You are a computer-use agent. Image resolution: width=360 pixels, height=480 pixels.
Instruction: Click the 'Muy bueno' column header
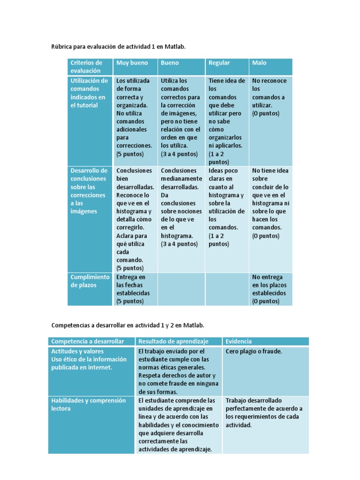coord(132,63)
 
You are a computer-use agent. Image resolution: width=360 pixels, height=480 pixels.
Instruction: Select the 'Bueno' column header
coord(170,63)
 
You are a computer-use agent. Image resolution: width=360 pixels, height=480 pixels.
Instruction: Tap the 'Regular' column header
coord(219,63)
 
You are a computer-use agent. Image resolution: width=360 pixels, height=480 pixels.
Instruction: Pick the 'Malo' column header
coord(259,63)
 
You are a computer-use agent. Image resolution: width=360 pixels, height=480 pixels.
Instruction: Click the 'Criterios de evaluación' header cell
coord(86,67)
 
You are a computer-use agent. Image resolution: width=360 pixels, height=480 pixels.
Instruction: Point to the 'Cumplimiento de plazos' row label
coord(90,281)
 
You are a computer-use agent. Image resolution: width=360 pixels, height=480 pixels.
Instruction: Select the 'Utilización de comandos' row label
coord(89,93)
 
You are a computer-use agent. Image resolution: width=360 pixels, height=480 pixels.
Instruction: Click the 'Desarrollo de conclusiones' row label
coord(89,191)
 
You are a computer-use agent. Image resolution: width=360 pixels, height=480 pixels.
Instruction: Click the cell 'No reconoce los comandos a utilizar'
coord(269,97)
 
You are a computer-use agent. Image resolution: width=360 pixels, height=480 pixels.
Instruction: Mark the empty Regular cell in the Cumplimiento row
coord(227,289)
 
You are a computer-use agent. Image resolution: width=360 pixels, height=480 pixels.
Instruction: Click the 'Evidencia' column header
coord(239,341)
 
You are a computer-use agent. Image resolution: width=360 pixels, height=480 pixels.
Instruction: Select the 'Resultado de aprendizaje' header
coord(173,341)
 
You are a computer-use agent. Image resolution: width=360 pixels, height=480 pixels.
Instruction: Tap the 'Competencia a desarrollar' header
coord(88,341)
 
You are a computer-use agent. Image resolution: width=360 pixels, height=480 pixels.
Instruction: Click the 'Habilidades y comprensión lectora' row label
coord(89,405)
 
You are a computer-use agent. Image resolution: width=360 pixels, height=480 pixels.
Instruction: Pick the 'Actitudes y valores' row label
coord(77,351)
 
